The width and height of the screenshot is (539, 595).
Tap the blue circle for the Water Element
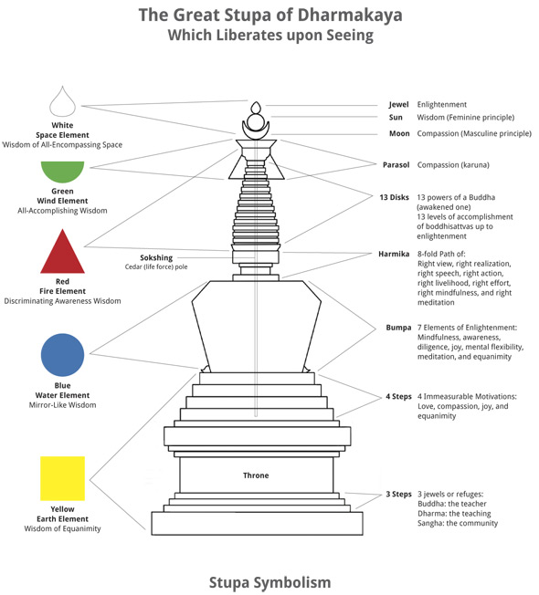tap(63, 355)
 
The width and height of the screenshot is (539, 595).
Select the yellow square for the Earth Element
tap(63, 478)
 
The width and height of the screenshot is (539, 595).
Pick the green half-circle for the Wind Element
tap(63, 170)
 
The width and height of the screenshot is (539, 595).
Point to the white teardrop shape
tap(63, 101)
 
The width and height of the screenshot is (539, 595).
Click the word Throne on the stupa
tap(256, 475)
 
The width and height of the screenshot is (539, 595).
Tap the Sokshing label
tap(156, 257)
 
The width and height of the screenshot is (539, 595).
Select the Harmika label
tap(394, 254)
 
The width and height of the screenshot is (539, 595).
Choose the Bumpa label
tap(398, 328)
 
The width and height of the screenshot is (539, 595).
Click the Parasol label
tap(396, 164)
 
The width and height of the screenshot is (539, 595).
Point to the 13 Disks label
tap(395, 197)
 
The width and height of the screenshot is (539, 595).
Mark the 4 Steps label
tap(399, 397)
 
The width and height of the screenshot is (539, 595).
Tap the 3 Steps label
tap(399, 494)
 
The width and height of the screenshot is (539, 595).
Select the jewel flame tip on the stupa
tap(256, 102)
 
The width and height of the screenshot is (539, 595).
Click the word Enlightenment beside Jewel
tap(442, 104)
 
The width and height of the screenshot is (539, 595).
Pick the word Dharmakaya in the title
tap(350, 16)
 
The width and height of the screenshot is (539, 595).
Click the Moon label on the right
tap(399, 133)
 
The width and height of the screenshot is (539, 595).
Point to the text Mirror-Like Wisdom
tap(63, 405)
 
